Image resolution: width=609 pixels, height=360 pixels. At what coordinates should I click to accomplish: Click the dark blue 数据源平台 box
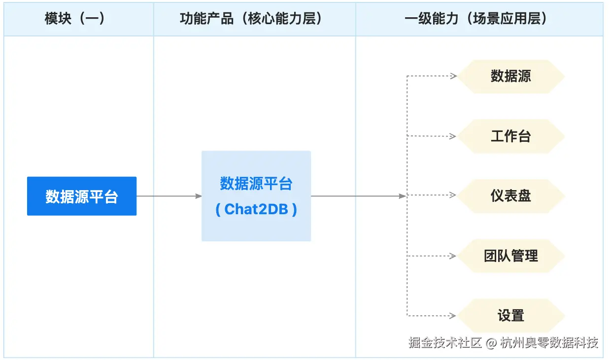(82, 196)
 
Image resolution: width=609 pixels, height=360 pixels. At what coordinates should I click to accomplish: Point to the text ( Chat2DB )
(256, 209)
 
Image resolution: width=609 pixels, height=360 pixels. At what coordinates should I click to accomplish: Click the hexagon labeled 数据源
(511, 76)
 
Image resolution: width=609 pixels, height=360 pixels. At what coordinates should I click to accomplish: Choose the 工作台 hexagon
(511, 136)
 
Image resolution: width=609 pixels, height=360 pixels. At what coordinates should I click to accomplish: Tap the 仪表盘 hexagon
(511, 196)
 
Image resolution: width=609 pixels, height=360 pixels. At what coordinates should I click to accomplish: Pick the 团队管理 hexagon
(511, 256)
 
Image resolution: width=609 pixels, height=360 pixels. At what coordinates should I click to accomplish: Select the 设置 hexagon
(511, 316)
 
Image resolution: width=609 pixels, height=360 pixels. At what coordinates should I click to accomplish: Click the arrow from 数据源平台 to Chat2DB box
(169, 196)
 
